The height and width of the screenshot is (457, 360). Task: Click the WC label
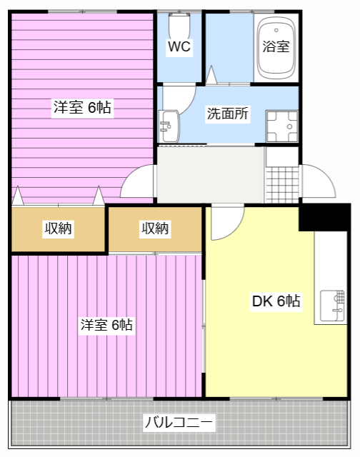pos(179,46)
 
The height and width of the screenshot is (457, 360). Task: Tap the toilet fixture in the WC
pos(179,26)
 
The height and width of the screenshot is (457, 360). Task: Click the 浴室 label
pos(276,46)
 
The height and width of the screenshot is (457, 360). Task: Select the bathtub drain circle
pos(276,30)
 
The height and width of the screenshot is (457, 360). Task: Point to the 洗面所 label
pos(228,114)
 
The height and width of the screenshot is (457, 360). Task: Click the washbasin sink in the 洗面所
pos(169,126)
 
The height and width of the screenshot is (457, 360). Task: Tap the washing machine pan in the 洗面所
pos(282,126)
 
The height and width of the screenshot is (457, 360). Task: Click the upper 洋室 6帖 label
pos(82,107)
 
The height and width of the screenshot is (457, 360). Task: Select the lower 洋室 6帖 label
pos(106,324)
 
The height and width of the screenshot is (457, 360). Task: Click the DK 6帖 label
pos(276,301)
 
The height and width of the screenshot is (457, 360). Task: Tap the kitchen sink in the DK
pos(332,306)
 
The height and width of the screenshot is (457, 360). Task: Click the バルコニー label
pos(179,422)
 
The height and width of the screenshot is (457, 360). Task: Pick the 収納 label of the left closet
pos(58,228)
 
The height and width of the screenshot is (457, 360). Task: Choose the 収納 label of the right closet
pos(155,228)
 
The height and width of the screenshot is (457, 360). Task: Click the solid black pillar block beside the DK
pos(324,217)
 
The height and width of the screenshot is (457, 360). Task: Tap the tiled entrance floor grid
pos(282,185)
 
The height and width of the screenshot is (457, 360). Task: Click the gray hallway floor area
pos(210,175)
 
